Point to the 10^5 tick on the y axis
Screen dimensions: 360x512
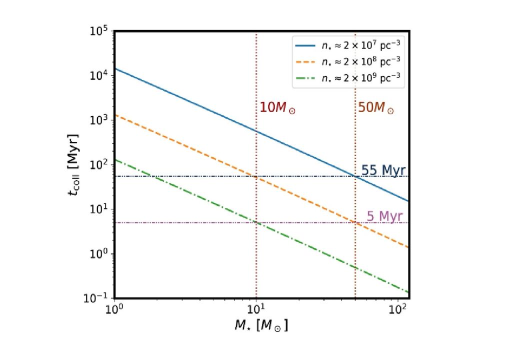click(101, 32)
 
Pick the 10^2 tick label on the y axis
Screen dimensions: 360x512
click(101, 165)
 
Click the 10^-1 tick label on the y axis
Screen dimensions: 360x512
click(100, 298)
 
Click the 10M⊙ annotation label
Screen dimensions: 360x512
click(277, 108)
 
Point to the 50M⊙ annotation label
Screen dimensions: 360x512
click(376, 108)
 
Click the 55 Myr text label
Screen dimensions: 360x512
click(383, 169)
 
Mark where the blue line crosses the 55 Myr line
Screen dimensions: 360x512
click(355, 176)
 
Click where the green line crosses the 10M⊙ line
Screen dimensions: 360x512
click(256, 222)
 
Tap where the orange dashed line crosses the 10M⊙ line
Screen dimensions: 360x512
click(256, 176)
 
